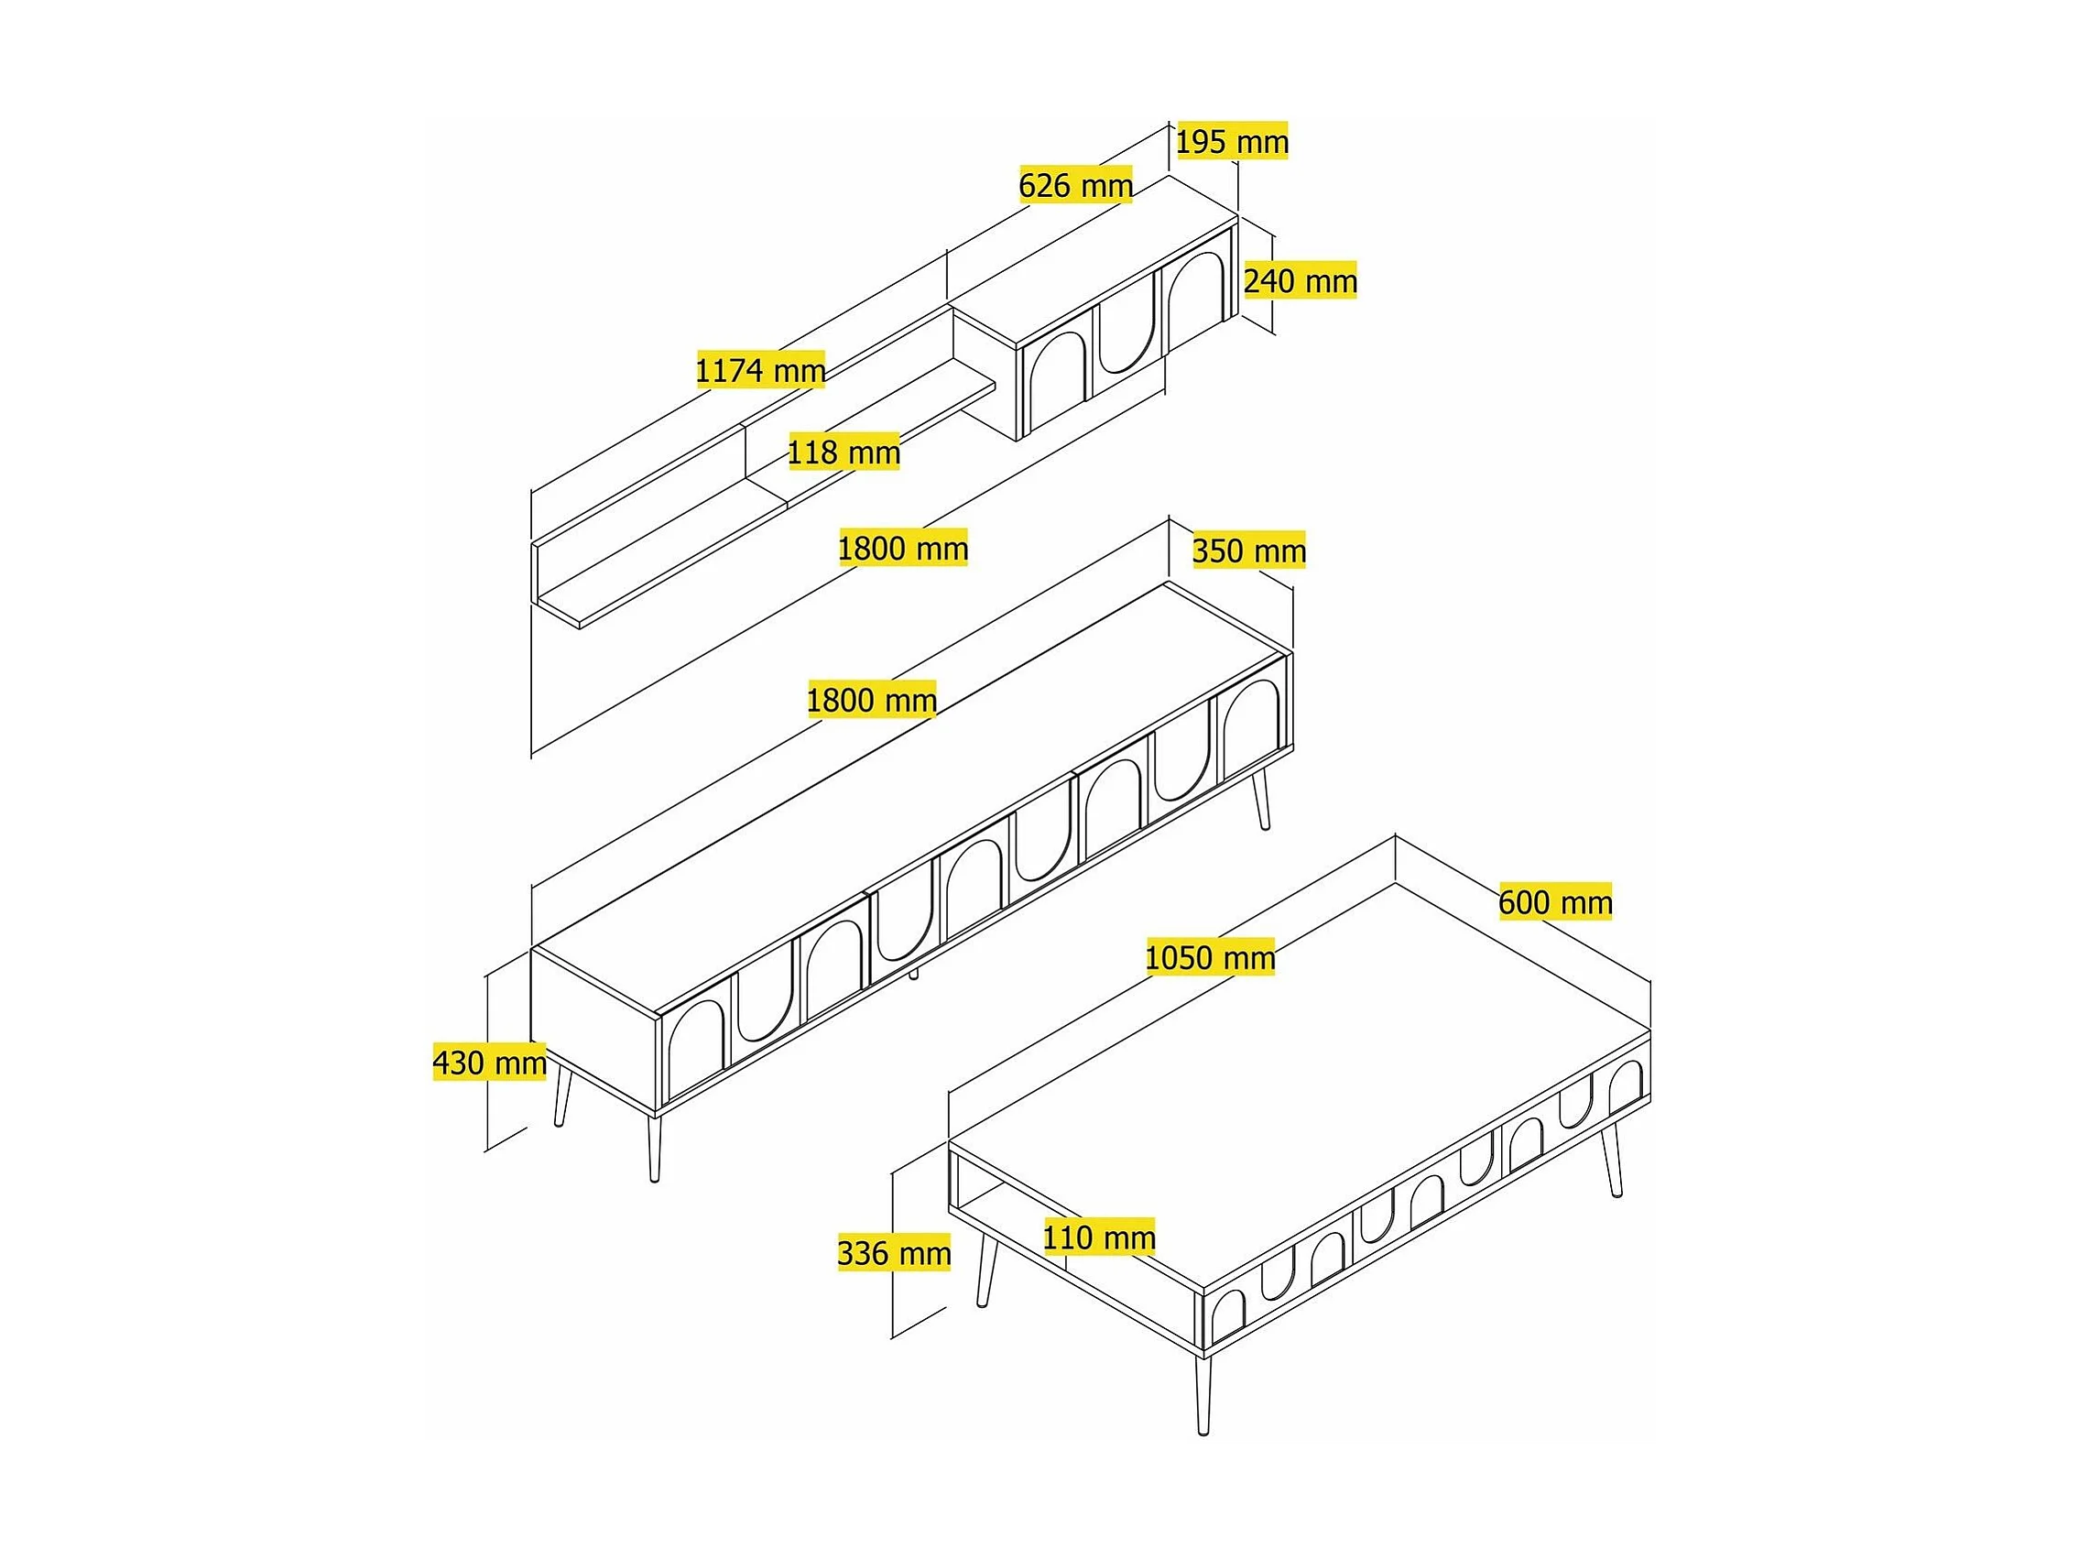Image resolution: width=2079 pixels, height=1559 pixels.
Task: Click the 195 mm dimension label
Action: tap(1232, 142)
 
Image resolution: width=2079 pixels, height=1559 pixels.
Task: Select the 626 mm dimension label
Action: tap(1076, 185)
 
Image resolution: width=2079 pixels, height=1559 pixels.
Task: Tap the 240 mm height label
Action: tap(1301, 280)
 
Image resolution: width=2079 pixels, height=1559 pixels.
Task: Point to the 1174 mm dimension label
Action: tap(760, 370)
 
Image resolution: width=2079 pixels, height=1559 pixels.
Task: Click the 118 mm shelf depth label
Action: tap(844, 452)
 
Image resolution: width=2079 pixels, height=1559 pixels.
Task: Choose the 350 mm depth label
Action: tap(1249, 550)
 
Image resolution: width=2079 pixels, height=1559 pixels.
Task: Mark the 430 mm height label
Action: tap(490, 1062)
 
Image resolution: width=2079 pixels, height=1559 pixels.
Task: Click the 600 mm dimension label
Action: tap(1555, 902)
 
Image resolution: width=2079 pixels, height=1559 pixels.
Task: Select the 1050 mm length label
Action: tap(1211, 957)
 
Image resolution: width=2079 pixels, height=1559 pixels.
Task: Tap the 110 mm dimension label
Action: tap(1099, 1237)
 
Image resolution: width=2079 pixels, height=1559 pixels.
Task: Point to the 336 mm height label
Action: tap(894, 1253)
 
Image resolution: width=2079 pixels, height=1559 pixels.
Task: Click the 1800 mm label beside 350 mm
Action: tap(902, 548)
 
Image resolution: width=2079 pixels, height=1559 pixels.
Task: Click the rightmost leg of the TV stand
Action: tap(1261, 799)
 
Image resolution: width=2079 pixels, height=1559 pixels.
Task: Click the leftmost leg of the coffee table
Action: tap(986, 1271)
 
